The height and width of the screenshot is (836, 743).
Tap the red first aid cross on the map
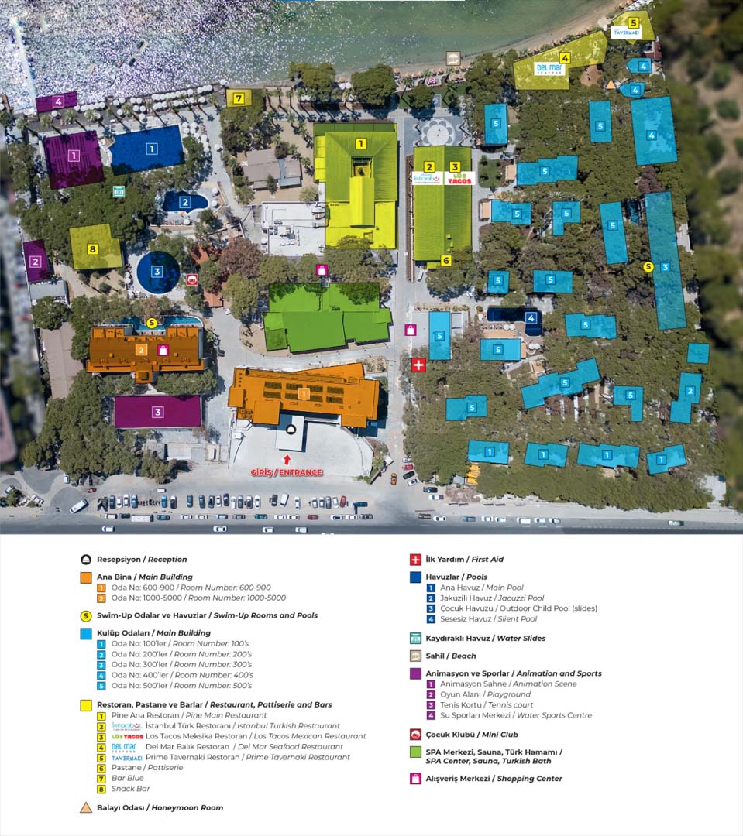[418, 365]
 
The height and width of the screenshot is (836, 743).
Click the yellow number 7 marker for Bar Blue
[239, 98]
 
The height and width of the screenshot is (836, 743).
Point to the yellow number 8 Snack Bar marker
[93, 248]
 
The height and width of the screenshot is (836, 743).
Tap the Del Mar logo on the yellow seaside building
[551, 70]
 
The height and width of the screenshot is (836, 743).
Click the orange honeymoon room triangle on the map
[611, 84]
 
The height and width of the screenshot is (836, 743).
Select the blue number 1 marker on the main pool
[152, 149]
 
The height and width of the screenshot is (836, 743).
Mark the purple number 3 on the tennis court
[157, 412]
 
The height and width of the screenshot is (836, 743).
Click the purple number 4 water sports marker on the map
[58, 101]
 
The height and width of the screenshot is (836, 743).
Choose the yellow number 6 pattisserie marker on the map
[446, 261]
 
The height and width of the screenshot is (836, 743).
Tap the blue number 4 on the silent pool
[531, 317]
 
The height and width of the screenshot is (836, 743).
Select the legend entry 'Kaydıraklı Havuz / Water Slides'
[485, 639]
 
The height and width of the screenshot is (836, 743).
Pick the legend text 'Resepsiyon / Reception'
[142, 560]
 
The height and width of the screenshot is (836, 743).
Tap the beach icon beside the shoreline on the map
[453, 58]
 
